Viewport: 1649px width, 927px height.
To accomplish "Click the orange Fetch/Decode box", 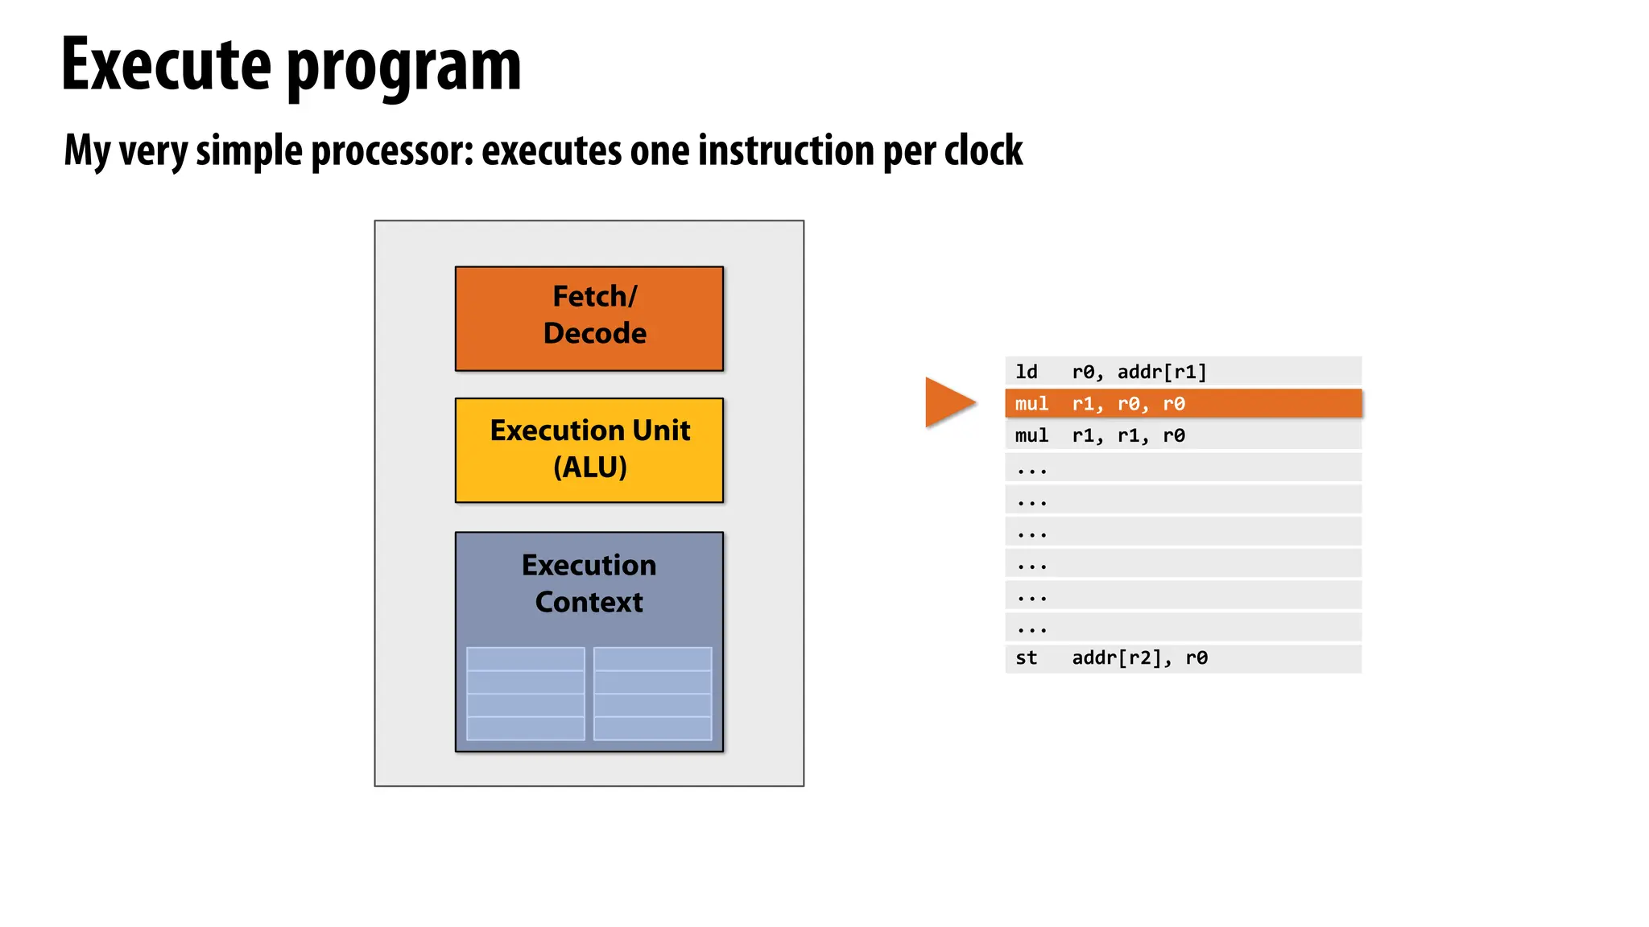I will coord(589,318).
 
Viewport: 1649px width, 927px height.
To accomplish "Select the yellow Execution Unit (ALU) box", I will coord(589,450).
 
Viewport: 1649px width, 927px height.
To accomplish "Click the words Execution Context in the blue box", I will coord(589,583).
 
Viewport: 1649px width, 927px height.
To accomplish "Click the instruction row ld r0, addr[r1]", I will coord(1182,371).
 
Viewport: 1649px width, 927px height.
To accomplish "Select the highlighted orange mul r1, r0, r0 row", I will coord(1182,403).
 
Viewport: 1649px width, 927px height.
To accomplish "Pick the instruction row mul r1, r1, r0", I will coord(1182,435).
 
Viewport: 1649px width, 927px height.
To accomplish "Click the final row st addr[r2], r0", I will coord(1182,658).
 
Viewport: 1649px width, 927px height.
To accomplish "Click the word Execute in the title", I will coord(166,66).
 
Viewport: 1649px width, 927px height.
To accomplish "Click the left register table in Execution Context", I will coord(525,694).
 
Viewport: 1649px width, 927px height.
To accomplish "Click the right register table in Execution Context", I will coord(652,694).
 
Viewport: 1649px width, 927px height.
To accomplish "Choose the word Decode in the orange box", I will coord(594,333).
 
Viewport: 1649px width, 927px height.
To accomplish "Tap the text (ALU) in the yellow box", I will coord(589,468).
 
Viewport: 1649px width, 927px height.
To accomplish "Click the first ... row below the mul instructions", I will coord(1182,468).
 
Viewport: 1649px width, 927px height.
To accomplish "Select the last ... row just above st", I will coord(1182,627).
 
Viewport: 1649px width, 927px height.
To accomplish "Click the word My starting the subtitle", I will coord(87,151).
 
